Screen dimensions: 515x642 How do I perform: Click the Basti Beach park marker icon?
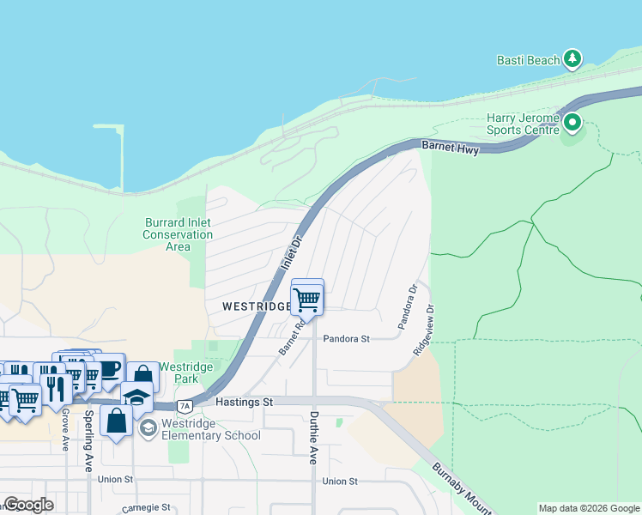click(x=572, y=59)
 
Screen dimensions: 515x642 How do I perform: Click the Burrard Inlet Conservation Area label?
click(x=178, y=234)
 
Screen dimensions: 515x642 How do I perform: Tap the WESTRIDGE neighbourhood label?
click(x=254, y=306)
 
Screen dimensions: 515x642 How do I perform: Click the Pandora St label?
click(x=346, y=338)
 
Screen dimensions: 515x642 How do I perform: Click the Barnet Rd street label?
click(x=293, y=337)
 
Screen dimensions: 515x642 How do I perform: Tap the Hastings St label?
click(x=244, y=402)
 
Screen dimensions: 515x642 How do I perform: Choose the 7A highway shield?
click(x=184, y=405)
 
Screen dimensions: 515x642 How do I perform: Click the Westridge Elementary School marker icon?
click(x=148, y=427)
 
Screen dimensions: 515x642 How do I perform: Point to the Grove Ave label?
click(x=64, y=429)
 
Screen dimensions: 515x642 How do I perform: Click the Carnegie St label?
click(x=146, y=507)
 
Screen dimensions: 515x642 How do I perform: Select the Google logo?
click(x=28, y=505)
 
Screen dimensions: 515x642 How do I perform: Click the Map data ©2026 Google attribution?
click(x=588, y=508)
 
